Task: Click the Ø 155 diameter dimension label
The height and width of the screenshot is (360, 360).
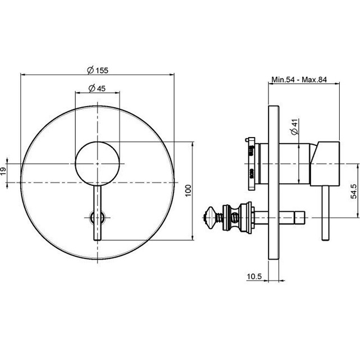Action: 98,70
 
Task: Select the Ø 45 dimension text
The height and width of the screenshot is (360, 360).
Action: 97,88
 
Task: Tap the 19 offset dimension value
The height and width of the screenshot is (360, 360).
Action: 3,171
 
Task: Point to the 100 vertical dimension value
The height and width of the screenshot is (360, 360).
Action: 188,190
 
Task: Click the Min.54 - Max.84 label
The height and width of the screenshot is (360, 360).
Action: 299,79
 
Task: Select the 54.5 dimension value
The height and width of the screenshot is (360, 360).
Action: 354,191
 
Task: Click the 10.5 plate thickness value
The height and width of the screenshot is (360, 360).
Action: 254,276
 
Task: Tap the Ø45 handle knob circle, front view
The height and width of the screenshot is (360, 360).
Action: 98,163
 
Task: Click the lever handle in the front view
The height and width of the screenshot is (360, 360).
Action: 98,213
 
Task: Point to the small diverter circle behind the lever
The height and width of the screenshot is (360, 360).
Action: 98,217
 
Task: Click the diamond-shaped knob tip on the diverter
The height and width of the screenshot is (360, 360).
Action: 210,217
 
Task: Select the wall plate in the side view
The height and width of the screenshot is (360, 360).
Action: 274,183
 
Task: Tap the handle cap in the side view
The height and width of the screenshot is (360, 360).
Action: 325,163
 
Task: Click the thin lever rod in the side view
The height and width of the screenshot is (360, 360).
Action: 325,213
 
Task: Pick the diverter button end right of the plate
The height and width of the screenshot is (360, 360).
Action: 299,217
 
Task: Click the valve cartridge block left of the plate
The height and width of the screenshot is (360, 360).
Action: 252,163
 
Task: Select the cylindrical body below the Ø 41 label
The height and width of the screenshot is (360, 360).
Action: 295,163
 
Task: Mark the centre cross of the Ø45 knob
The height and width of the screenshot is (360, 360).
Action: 98,163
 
